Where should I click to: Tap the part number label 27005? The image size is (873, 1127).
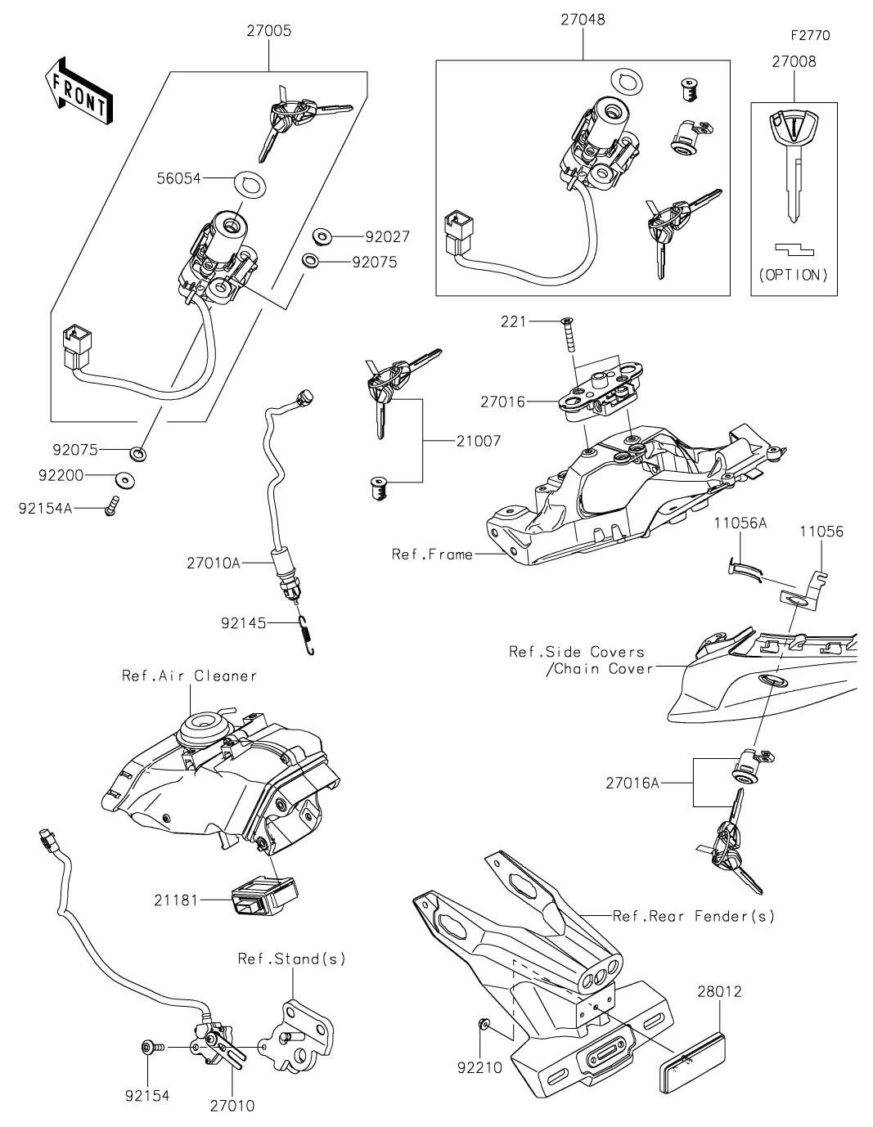point(269,32)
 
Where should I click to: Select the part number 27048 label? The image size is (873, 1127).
point(583,20)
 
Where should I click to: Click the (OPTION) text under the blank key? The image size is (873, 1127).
point(794,275)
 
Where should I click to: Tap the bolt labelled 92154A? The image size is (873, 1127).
point(111,506)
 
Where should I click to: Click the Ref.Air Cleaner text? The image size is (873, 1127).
point(190,676)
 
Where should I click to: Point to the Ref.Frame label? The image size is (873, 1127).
point(433,555)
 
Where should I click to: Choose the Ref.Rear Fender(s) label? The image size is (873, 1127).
point(693,915)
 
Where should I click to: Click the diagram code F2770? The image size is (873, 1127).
point(809,35)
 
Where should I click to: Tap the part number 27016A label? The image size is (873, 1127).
point(632,783)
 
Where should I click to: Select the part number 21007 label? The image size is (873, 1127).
point(478,441)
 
